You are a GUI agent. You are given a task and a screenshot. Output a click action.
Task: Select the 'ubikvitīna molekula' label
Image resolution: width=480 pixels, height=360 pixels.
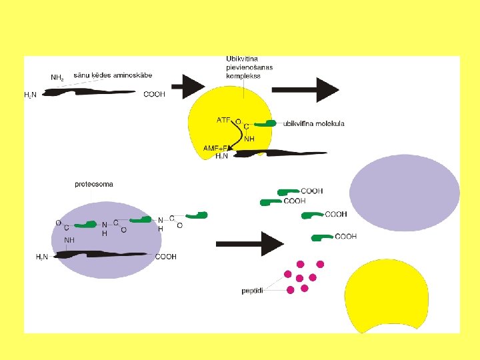pos(313,123)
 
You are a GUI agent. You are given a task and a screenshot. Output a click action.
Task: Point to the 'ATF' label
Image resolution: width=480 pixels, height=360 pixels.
pos(223,121)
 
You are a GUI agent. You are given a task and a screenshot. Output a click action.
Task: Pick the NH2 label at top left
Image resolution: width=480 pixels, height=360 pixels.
pos(57,78)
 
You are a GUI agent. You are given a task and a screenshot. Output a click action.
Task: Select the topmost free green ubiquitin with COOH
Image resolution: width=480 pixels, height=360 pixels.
pos(288,192)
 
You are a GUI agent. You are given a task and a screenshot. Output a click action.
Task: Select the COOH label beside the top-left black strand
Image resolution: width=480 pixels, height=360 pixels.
pos(154,95)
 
